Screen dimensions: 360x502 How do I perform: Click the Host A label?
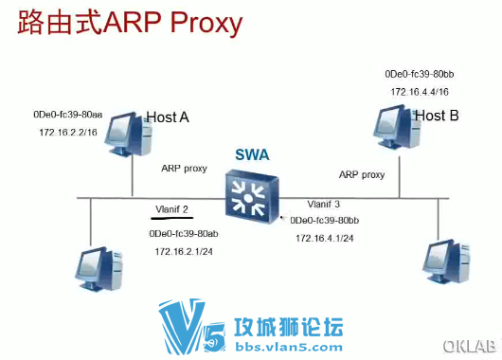(168, 117)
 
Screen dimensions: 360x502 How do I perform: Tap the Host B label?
(437, 117)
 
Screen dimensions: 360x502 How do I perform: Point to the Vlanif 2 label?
(172, 208)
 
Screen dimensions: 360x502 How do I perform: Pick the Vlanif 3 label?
(324, 204)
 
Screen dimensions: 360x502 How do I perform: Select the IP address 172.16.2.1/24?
(183, 251)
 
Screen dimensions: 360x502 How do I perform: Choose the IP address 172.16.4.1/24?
(325, 238)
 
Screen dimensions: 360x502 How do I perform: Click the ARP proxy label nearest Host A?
(184, 168)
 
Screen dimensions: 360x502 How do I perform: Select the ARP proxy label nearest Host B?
(362, 174)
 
